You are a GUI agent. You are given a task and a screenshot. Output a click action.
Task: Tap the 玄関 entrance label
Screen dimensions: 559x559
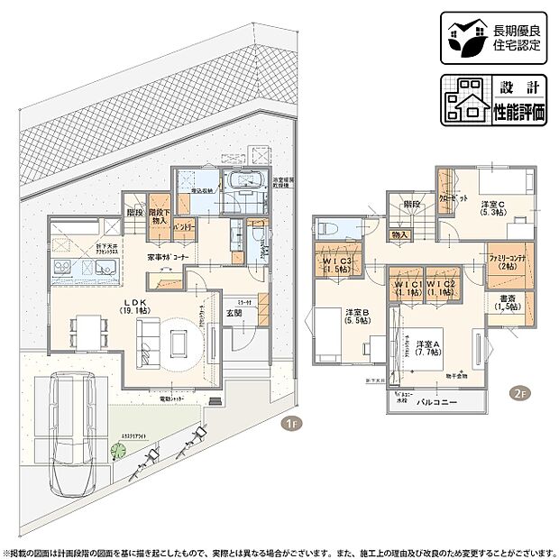(234, 313)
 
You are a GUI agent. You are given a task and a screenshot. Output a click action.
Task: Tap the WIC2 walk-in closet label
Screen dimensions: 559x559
(440, 289)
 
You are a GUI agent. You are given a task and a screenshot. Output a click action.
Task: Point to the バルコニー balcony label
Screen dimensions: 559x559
(436, 400)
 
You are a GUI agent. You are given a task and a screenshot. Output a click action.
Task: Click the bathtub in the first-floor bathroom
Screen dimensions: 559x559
(243, 181)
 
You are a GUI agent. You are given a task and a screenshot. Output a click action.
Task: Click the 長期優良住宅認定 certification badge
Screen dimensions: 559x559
(495, 39)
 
